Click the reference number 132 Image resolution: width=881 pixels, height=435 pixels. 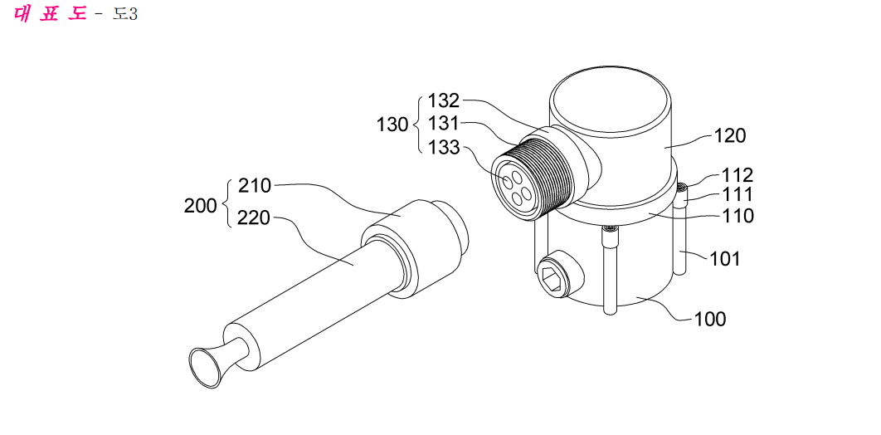444,101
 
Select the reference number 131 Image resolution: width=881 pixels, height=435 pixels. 444,124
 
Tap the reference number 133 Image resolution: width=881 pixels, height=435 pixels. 444,149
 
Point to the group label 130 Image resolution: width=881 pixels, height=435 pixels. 392,125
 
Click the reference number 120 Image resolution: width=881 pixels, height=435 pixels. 730,135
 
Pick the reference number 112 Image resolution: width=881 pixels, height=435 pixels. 737,175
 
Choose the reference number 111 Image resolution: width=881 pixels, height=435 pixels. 737,195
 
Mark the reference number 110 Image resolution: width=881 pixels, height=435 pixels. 737,215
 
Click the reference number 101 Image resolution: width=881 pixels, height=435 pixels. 725,259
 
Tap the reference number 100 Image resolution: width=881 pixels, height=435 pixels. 710,320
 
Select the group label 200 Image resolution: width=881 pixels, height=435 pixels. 200,206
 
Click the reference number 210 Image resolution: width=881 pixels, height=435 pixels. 255,185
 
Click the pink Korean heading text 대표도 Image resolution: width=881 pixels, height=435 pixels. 50,12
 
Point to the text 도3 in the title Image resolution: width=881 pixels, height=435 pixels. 124,13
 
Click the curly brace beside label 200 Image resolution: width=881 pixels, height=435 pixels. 227,203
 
